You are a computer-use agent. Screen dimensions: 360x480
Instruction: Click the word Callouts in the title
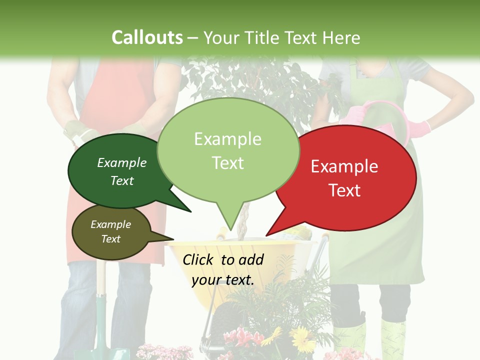point(147,37)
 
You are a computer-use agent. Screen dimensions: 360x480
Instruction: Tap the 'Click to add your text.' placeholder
point(223,269)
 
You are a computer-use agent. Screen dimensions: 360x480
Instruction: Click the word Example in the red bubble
point(344,166)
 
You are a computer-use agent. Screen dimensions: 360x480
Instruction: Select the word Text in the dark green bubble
point(122,181)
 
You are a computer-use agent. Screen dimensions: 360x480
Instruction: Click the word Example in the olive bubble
point(110,224)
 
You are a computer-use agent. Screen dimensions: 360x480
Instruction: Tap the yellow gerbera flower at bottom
point(301,339)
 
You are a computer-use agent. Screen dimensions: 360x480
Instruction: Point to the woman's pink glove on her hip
point(419,128)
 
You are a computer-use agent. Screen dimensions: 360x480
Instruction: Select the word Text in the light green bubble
point(228,163)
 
